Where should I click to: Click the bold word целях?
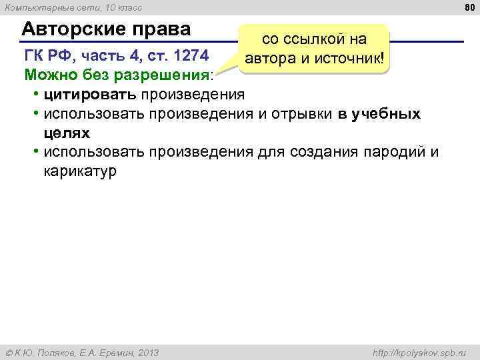click(67, 132)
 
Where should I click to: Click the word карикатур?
click(79, 171)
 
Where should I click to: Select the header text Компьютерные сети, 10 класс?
click(72, 7)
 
